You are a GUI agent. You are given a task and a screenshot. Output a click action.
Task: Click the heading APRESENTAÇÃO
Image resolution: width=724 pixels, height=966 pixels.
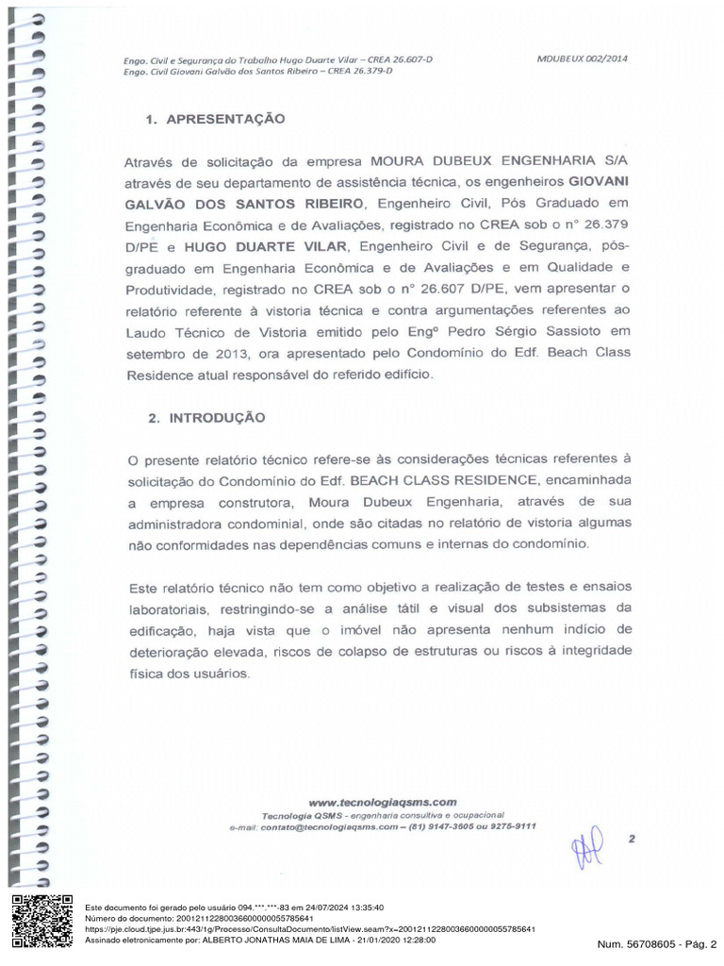224,120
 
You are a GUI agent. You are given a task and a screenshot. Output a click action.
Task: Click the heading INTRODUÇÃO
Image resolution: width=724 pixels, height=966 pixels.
217,417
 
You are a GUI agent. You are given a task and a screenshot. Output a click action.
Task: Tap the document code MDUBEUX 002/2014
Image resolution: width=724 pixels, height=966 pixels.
582,58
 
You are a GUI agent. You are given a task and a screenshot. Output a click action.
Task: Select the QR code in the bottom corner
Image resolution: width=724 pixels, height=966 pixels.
41,921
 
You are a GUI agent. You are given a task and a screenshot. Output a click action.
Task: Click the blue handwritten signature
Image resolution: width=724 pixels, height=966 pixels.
586,847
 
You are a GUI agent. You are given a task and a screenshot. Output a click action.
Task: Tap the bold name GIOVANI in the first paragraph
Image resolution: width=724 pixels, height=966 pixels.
599,181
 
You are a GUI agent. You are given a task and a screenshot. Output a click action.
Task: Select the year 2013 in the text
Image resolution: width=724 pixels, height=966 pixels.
232,353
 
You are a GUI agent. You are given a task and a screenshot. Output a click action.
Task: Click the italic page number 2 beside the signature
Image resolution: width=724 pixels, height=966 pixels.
632,838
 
